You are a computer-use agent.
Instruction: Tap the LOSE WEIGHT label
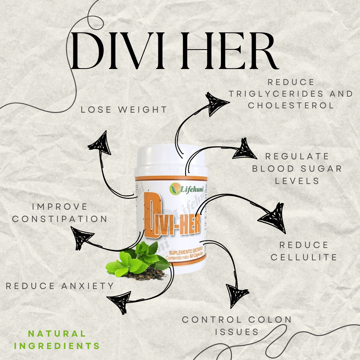(x=124, y=109)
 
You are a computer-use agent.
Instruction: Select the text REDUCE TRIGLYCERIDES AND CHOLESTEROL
(x=291, y=94)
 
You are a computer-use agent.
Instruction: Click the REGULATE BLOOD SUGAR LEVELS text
(x=297, y=168)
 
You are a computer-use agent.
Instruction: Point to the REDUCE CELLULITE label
(x=304, y=251)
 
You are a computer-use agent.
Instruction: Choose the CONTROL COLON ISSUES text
(x=237, y=325)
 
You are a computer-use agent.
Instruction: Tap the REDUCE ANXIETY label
(x=60, y=286)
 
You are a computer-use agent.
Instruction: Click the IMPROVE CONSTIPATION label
(x=60, y=213)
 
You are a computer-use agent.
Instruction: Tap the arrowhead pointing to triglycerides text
(x=216, y=103)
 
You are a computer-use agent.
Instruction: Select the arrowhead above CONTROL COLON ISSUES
(x=237, y=295)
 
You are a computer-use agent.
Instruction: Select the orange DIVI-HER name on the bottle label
(x=173, y=222)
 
